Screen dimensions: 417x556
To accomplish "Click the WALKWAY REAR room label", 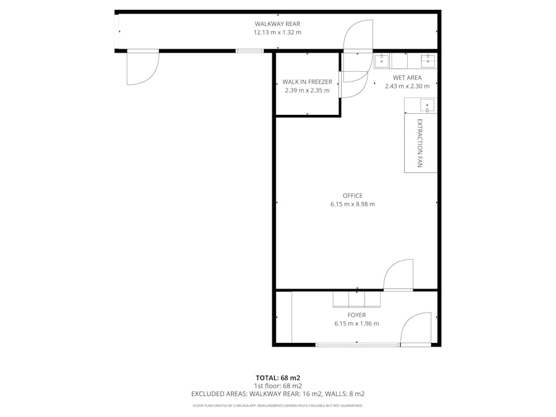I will [x=277, y=23].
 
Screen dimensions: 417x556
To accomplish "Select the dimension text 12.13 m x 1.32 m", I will [x=277, y=32].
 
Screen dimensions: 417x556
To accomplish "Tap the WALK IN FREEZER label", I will [x=307, y=82].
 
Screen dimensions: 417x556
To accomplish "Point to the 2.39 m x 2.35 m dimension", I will [x=307, y=90].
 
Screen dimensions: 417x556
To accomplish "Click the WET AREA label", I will [x=407, y=77].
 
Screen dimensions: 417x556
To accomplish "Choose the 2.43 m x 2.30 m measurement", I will [x=407, y=86].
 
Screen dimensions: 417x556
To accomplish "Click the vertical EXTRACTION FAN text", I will [x=420, y=143].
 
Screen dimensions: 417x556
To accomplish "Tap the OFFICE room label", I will [x=353, y=195].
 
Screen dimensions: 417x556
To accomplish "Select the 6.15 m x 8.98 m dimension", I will [x=353, y=204].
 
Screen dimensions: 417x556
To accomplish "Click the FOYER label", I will [x=356, y=314].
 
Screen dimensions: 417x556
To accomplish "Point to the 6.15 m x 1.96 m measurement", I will [x=356, y=323].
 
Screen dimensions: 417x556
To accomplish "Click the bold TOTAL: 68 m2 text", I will [x=277, y=377].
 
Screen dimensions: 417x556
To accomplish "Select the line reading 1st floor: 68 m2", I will [x=277, y=385].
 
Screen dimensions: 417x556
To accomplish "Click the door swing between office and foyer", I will [x=398, y=275].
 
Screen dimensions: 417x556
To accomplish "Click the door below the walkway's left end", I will [x=143, y=67].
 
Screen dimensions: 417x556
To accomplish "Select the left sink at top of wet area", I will [x=382, y=61].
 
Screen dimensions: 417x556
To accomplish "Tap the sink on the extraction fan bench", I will [x=427, y=105].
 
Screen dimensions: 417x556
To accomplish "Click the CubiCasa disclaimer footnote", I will [x=277, y=406].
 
